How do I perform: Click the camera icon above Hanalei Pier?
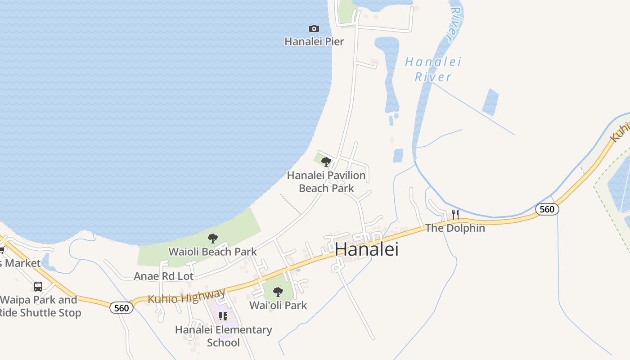(x=314, y=29)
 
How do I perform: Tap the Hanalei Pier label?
(x=314, y=41)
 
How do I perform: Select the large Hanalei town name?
(x=367, y=249)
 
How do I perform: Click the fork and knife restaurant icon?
(x=455, y=214)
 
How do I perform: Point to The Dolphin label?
(x=455, y=228)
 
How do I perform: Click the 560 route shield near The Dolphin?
(x=547, y=209)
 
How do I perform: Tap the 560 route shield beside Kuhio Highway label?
(x=121, y=308)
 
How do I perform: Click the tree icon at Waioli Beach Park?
(x=213, y=238)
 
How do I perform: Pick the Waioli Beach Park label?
(x=212, y=252)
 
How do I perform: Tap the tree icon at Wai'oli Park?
(x=278, y=292)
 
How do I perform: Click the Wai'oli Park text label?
(x=278, y=305)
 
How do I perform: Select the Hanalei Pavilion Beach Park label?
(x=326, y=181)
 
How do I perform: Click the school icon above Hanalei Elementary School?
(x=223, y=316)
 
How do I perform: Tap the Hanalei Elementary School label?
(x=223, y=336)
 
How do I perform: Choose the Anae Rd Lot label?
(x=163, y=276)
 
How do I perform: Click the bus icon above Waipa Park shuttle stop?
(x=38, y=287)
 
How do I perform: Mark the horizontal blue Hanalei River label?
(x=433, y=69)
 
